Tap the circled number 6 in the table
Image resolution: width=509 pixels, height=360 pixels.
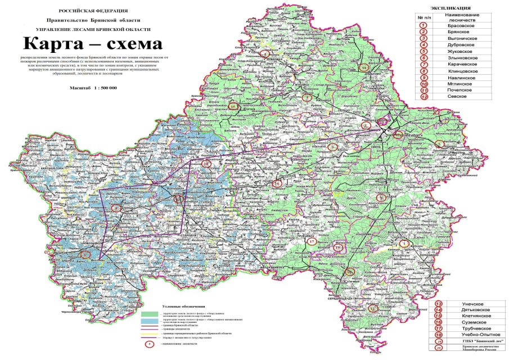[422, 58]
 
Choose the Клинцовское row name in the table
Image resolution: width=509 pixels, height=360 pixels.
[463, 72]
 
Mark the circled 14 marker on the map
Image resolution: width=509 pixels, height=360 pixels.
[364, 67]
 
